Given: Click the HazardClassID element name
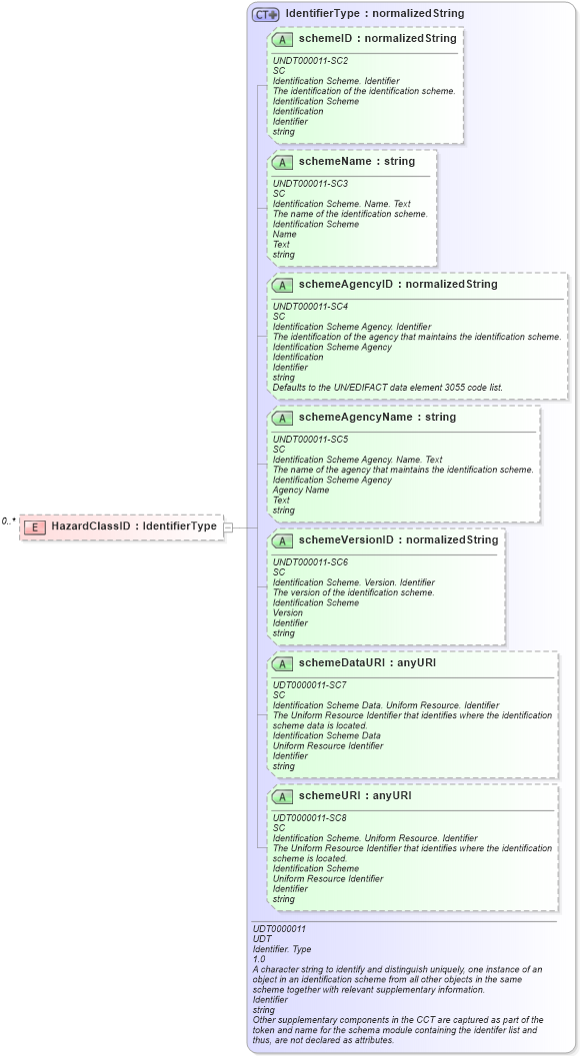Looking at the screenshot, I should [134, 527].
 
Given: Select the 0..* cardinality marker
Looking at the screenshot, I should [9, 521].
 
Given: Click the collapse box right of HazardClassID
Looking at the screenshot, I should [228, 527].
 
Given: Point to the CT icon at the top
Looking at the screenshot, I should [265, 14].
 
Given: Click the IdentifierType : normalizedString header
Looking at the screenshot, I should [374, 14].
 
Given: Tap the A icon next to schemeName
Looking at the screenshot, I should [282, 162].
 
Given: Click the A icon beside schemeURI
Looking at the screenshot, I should [282, 796].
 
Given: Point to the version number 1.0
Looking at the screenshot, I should [259, 959].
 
